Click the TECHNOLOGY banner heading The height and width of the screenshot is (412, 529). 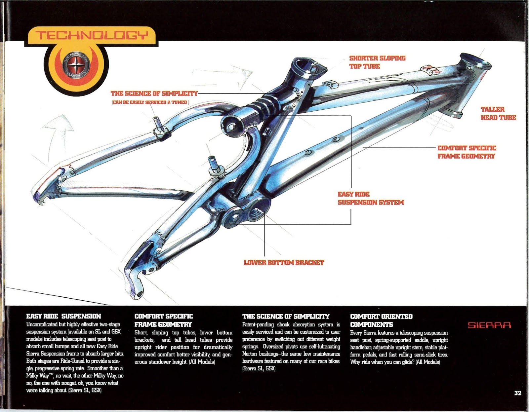[91, 35]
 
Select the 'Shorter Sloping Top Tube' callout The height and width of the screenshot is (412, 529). [377, 62]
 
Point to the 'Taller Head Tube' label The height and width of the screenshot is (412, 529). [498, 113]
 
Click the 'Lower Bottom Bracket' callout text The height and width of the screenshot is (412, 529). [284, 263]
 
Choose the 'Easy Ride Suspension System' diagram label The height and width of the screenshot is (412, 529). [370, 198]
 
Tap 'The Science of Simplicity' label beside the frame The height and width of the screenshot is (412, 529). [154, 94]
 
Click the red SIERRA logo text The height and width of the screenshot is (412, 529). [489, 325]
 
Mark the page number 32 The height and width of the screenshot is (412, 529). [517, 393]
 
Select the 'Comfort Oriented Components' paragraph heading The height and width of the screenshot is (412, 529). [381, 320]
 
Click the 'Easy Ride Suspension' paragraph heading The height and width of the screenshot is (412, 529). [63, 316]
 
